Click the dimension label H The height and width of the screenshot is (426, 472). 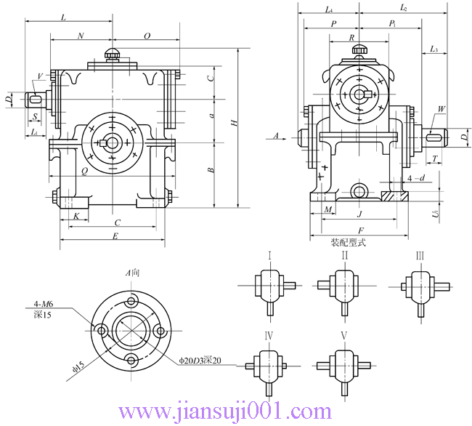coord(234,124)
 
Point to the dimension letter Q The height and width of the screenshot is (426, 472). coord(85,172)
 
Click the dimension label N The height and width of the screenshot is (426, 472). coord(80,35)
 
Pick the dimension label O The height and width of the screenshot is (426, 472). coord(147,35)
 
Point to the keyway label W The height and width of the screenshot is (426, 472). coord(440,110)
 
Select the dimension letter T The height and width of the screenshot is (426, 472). coord(434,158)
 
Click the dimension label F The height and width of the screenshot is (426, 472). coord(361,230)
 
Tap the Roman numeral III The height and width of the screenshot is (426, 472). coord(420,256)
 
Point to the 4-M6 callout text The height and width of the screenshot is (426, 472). coord(46,305)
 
